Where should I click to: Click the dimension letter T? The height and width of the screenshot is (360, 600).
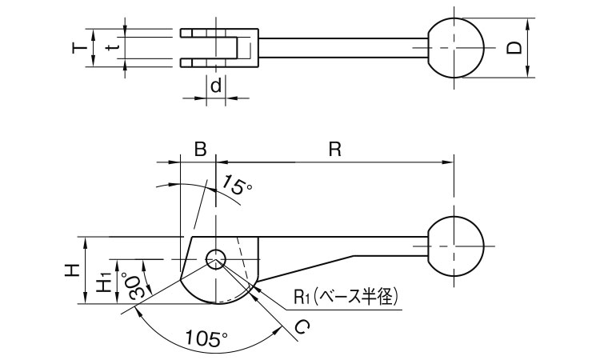click(78, 48)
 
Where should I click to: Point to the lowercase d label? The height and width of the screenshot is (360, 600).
click(215, 84)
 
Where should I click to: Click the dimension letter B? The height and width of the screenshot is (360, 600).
click(200, 149)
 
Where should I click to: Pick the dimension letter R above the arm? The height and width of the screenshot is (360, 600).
click(335, 149)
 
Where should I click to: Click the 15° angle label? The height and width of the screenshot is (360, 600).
click(238, 188)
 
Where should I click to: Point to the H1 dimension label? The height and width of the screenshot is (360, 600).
click(103, 281)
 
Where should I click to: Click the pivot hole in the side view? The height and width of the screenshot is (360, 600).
click(216, 258)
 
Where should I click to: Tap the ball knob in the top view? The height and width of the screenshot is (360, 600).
click(456, 48)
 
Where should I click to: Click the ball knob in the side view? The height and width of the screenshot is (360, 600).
click(456, 245)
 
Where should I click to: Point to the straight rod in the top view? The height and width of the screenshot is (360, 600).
click(344, 49)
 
